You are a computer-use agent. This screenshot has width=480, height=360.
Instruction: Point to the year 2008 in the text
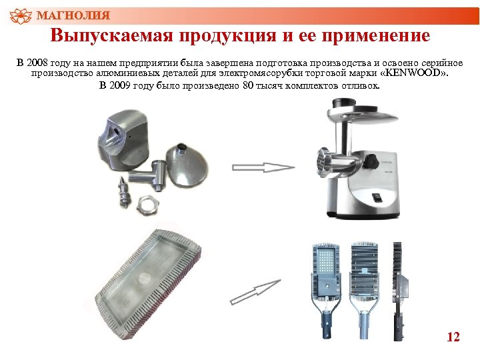tap(41, 63)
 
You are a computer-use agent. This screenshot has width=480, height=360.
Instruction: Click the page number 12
tap(453, 337)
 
